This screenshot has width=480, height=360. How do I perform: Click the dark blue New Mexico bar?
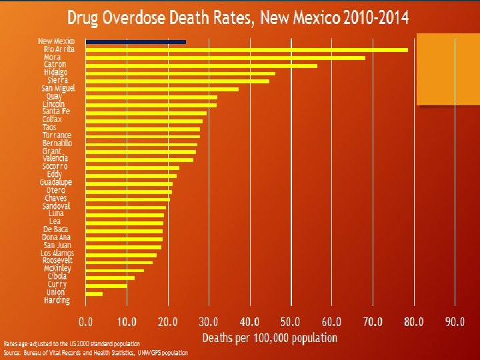pos(135,41)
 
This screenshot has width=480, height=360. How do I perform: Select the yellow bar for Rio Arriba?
pos(246,49)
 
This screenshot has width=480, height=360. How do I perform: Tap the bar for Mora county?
pos(225,57)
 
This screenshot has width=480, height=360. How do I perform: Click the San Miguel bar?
pos(162,89)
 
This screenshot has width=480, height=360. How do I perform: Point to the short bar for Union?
pos(94,293)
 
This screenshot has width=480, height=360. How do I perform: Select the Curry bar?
pos(106,285)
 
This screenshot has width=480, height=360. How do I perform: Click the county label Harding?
pos(57,301)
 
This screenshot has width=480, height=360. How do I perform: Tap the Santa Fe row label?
pos(56,111)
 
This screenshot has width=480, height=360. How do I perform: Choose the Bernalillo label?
pos(57,143)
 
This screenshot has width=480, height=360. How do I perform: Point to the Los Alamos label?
pos(57,253)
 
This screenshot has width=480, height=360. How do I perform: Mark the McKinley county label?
pos(57,269)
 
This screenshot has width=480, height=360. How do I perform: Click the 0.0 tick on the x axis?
pos(86,322)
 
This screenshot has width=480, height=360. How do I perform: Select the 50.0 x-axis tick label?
pos(291,322)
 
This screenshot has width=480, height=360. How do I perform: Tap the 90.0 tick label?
pos(455,322)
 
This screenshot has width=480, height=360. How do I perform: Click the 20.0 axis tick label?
pos(168,322)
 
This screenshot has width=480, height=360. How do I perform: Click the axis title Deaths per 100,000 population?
pos(270,338)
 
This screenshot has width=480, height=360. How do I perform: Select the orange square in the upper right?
pos(447,69)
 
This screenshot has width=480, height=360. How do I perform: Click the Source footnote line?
pos(96,352)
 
